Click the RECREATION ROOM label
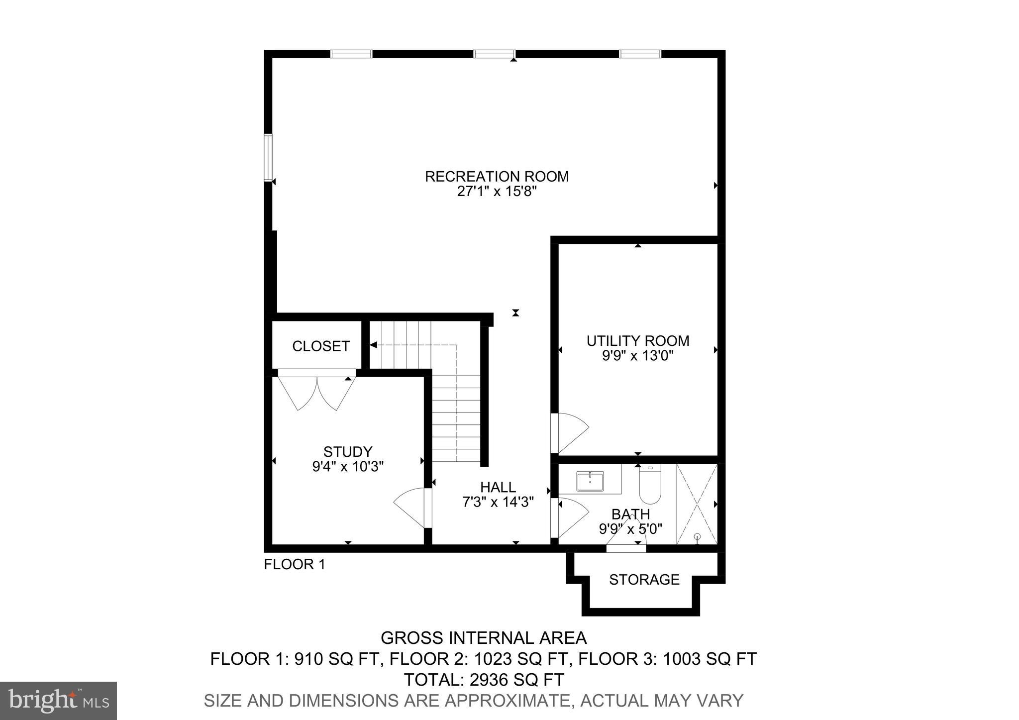497,177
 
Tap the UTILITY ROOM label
638,341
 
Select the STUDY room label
348,452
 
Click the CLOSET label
321,346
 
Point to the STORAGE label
644,580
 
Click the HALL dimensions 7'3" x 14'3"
498,502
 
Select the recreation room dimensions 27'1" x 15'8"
497,192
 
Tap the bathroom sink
590,481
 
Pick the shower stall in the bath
697,504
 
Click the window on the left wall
268,157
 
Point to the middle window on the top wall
494,54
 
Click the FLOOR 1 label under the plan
295,564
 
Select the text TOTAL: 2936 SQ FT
484,679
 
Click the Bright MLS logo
58,701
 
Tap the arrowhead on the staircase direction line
373,344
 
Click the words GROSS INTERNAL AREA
484,637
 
